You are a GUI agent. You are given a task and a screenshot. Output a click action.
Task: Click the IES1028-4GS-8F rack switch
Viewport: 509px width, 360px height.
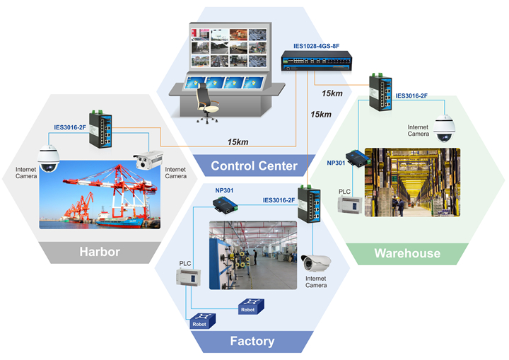click(x=317, y=60)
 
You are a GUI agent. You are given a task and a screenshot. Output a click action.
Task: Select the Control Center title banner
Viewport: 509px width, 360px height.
click(x=254, y=166)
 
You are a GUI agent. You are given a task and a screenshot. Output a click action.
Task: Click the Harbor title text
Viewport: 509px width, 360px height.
click(x=100, y=252)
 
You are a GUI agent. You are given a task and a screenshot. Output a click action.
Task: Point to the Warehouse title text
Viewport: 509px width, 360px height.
click(x=407, y=253)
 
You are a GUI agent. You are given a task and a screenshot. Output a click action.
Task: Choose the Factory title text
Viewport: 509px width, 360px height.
click(x=252, y=341)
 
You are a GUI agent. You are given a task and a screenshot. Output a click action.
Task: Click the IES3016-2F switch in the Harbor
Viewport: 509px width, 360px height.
click(x=100, y=129)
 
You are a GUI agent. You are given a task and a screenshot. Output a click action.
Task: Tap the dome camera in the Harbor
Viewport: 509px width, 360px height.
click(x=48, y=159)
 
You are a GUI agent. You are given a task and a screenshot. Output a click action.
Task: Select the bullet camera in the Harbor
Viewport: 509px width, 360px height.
click(x=148, y=160)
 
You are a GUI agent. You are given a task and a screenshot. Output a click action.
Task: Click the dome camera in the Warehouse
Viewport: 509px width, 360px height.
click(x=445, y=128)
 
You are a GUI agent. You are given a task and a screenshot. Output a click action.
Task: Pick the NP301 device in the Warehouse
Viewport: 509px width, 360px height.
click(x=358, y=158)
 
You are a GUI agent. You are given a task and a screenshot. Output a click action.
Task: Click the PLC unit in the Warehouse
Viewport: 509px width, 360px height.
click(x=350, y=204)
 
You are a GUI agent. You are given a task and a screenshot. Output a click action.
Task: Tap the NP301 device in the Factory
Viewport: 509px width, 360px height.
click(x=225, y=206)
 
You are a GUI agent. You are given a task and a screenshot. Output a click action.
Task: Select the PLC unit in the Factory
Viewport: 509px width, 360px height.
click(x=188, y=277)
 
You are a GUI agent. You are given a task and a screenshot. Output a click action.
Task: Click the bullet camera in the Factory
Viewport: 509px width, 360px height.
click(x=316, y=263)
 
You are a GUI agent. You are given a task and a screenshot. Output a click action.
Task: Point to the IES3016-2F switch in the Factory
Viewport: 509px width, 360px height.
click(x=310, y=204)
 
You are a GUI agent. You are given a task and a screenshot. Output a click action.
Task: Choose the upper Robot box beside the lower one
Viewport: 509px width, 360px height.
click(x=251, y=306)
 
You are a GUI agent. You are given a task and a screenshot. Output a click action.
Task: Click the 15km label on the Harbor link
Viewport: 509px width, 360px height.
click(x=238, y=142)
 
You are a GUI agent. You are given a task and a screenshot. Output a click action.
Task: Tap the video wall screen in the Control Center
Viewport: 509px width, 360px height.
click(x=230, y=47)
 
